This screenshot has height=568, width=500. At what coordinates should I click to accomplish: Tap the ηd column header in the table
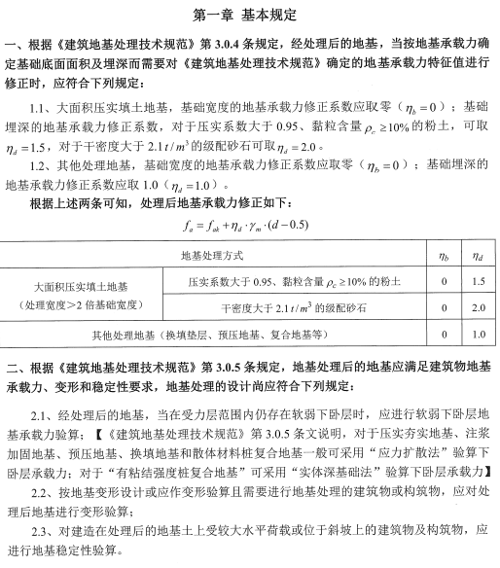tap(478, 254)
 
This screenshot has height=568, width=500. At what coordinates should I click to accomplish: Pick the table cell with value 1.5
tap(478, 280)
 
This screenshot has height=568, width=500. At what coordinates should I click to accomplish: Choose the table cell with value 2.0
tap(478, 307)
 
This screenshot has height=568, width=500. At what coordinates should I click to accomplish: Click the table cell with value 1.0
tap(478, 334)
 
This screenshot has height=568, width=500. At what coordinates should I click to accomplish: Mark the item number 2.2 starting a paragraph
tap(40, 493)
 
